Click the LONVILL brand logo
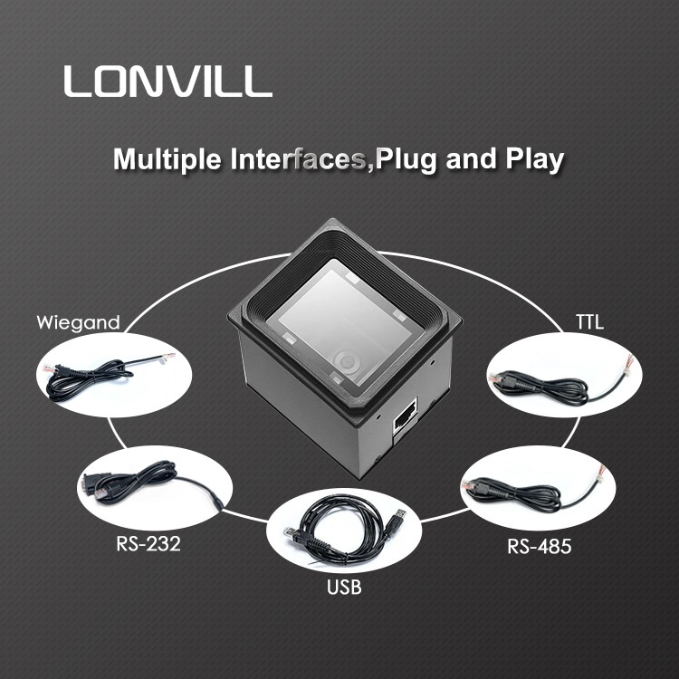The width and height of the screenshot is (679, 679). (167, 81)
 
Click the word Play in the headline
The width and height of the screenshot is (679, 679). (532, 159)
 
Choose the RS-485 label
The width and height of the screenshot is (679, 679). (538, 546)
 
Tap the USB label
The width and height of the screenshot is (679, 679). (343, 588)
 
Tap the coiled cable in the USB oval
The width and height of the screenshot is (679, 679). (339, 534)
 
